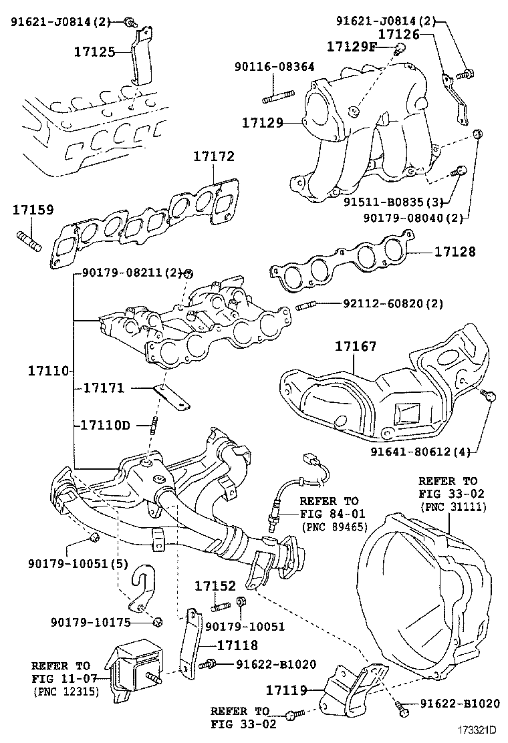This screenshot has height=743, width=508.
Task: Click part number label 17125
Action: tap(97, 51)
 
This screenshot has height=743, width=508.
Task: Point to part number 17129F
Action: tap(352, 46)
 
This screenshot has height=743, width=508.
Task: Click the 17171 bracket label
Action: tap(103, 388)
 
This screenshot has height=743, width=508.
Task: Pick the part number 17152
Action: tap(215, 586)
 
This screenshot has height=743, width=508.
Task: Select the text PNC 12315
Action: tap(66, 691)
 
